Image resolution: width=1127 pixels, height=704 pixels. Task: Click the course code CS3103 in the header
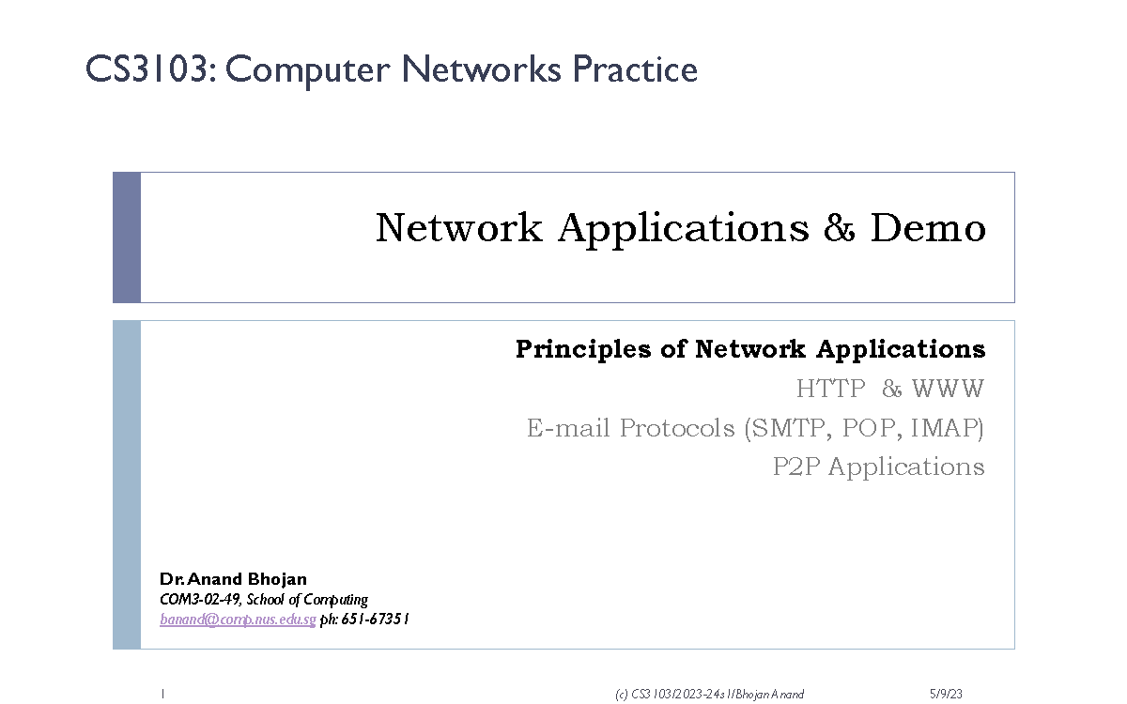click(x=146, y=70)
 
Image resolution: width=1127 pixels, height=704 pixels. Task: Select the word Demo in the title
click(x=928, y=228)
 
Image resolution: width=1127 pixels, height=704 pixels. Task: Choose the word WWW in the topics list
click(x=948, y=389)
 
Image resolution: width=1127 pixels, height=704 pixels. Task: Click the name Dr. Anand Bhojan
click(x=233, y=579)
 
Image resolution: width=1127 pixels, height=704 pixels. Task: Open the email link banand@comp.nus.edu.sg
click(x=238, y=620)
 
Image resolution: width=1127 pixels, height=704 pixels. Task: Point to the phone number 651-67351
click(x=375, y=620)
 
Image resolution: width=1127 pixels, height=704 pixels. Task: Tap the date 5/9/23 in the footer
click(x=946, y=695)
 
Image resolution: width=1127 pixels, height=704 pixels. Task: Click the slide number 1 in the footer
click(x=162, y=695)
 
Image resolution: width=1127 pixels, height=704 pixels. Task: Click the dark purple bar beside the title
click(x=127, y=237)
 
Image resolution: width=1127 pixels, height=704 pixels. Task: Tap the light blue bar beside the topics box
click(x=127, y=484)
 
